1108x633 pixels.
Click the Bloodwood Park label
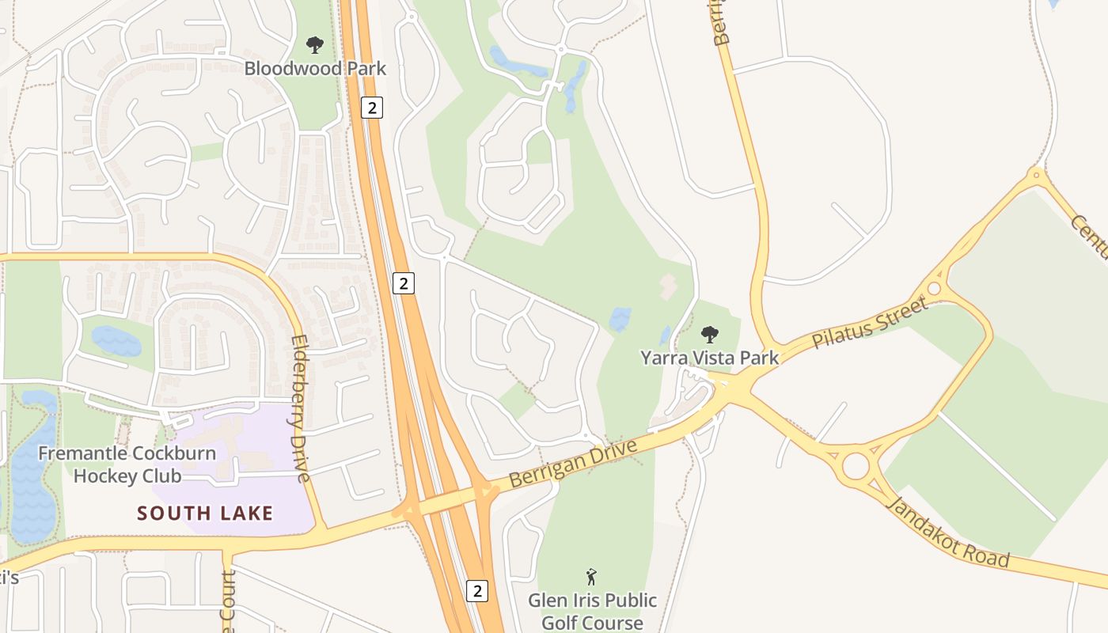(x=315, y=68)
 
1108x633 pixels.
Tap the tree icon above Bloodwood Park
(x=315, y=45)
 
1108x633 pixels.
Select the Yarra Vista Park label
(x=709, y=358)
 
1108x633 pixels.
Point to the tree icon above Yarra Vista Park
(x=710, y=335)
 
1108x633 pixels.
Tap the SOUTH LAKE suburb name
(x=205, y=513)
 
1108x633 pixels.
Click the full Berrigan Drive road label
(x=574, y=464)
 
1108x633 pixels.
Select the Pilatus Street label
(x=870, y=323)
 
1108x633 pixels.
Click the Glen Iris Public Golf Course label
(x=592, y=611)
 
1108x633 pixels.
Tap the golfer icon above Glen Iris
(x=591, y=577)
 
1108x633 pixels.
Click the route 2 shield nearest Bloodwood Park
(x=371, y=107)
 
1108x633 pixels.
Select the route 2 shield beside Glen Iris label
(x=476, y=590)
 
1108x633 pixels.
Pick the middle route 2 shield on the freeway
(x=404, y=282)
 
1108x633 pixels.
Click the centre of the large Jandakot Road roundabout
(x=856, y=466)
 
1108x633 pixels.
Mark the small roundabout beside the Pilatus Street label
(x=935, y=288)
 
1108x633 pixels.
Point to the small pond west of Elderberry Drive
(x=116, y=341)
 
